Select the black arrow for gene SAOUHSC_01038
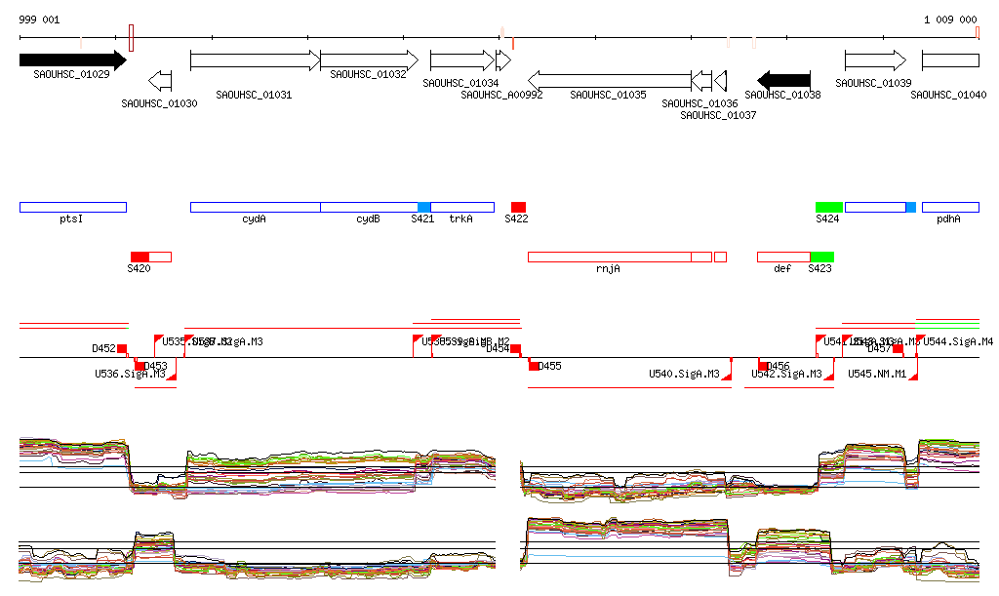784,79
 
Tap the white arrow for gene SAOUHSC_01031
255,60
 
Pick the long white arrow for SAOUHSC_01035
610,80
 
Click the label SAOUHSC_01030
159,102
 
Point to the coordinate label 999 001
39,20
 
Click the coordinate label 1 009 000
950,20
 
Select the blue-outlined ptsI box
72,207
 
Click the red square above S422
518,207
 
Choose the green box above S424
828,207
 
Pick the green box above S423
821,257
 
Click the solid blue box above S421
423,207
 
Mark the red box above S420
140,257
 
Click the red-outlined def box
783,257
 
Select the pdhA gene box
949,207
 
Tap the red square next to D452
122,348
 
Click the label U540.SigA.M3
684,374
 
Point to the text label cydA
254,219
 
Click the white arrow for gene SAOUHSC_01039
875,60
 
